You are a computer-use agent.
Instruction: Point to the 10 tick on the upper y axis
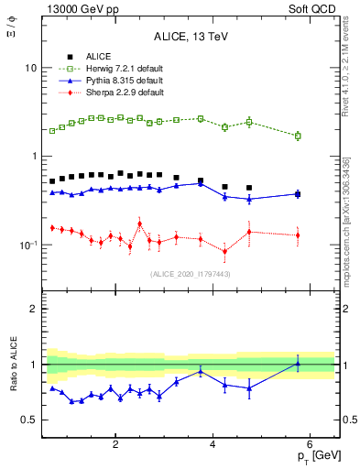pyautogui.click(x=30, y=68)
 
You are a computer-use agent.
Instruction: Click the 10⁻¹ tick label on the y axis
pyautogui.click(x=27, y=245)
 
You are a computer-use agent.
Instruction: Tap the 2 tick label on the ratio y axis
pyautogui.click(x=34, y=309)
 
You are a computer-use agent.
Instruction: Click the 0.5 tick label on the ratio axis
pyautogui.click(x=29, y=420)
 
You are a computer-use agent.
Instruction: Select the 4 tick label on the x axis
pyautogui.click(x=213, y=444)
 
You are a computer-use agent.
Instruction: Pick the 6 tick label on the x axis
pyautogui.click(x=310, y=444)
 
